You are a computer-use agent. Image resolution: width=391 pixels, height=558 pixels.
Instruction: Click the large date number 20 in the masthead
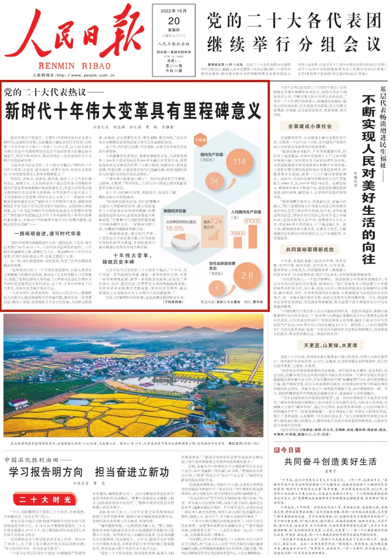174,21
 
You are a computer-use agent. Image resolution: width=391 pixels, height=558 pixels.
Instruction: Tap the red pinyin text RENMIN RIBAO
74,66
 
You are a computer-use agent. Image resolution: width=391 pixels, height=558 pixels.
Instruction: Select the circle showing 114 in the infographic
239,161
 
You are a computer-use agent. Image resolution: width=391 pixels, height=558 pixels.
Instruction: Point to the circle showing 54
214,181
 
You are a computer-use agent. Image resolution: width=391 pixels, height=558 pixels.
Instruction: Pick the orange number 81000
252,221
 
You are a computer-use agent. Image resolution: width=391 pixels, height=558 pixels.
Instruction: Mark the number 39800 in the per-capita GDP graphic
238,233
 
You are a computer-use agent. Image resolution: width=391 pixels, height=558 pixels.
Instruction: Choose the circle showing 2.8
247,275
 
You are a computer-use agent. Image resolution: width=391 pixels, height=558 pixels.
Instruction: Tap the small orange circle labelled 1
217,288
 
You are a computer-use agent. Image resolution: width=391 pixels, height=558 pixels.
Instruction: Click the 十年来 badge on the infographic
200,140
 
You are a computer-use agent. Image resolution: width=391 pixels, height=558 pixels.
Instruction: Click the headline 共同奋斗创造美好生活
330,461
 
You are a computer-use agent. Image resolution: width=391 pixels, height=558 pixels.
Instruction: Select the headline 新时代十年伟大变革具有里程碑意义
133,111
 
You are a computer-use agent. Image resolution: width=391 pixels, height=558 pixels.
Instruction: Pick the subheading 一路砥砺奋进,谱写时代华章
48,234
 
